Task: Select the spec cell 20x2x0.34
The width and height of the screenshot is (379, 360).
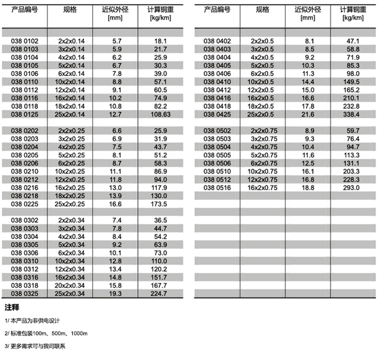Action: click(x=70, y=285)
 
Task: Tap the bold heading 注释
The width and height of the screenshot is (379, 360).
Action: click(x=12, y=307)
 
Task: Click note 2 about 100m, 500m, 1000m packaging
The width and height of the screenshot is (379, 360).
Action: click(x=46, y=333)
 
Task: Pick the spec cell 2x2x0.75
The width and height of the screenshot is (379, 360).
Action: click(x=264, y=131)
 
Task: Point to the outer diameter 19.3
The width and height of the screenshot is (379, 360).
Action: click(x=117, y=294)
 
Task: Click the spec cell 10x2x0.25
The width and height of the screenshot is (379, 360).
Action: click(x=70, y=172)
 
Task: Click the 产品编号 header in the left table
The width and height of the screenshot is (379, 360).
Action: click(x=25, y=9)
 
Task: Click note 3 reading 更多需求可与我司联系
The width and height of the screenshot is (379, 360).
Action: click(x=35, y=346)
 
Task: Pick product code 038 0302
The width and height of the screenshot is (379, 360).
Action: click(x=25, y=220)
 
